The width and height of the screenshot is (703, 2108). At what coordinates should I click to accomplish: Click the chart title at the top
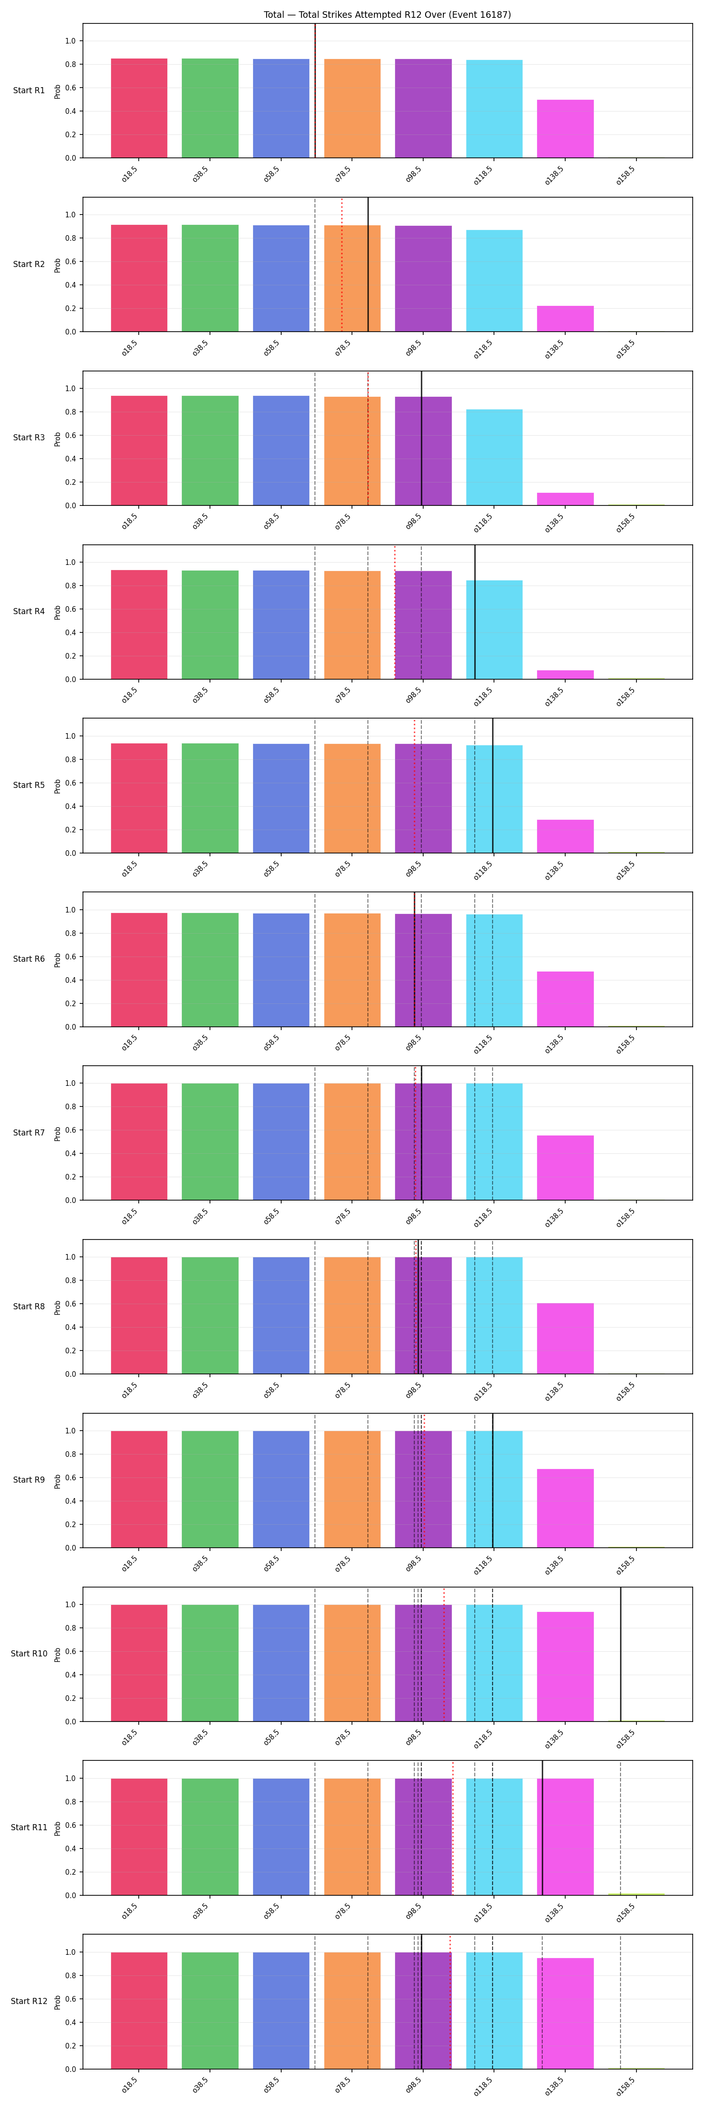coord(387,15)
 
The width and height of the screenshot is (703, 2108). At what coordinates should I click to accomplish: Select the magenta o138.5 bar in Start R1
coord(566,128)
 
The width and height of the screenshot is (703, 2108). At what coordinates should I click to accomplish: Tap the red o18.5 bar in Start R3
coord(139,451)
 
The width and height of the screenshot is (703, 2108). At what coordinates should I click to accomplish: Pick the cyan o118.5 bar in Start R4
coord(494,630)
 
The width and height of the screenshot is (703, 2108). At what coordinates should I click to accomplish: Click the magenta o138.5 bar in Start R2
coord(566,319)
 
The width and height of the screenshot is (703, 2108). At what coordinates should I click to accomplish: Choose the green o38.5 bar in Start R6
coord(210,970)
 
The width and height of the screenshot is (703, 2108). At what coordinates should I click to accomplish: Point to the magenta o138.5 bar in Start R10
coord(566,1667)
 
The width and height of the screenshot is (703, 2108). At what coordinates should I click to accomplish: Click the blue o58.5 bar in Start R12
coord(282,2011)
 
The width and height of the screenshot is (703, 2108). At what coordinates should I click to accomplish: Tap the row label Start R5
coord(29,786)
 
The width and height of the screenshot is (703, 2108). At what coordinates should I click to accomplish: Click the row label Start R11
coord(29,1827)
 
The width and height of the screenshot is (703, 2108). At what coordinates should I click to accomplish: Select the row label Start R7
coord(29,1133)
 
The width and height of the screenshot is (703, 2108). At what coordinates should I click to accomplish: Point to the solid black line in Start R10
coord(621,1655)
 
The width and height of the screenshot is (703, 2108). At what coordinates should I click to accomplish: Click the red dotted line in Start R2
coord(342,264)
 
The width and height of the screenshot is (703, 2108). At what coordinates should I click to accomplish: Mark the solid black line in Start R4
coord(475,612)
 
